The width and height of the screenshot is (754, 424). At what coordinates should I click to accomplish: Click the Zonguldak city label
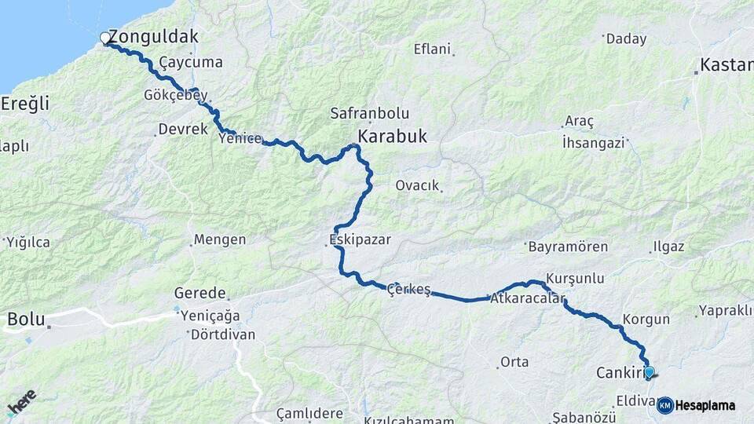pyautogui.click(x=153, y=37)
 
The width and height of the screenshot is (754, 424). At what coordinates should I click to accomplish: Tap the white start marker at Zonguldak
pyautogui.click(x=105, y=38)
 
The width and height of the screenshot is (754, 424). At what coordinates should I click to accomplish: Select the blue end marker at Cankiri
pyautogui.click(x=649, y=372)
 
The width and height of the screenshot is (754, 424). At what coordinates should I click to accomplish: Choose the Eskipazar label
pyautogui.click(x=361, y=239)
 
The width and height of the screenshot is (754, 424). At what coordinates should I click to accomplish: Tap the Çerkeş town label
pyautogui.click(x=409, y=290)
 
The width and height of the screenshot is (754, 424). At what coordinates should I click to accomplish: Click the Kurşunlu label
pyautogui.click(x=574, y=279)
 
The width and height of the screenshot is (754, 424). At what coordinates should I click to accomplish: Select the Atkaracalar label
pyautogui.click(x=527, y=299)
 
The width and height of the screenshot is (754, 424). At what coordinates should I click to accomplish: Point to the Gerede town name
pyautogui.click(x=201, y=293)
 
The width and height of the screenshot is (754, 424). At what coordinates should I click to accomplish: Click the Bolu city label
pyautogui.click(x=23, y=320)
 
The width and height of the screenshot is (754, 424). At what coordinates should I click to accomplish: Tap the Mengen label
pyautogui.click(x=220, y=239)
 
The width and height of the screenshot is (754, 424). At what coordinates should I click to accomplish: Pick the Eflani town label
pyautogui.click(x=432, y=49)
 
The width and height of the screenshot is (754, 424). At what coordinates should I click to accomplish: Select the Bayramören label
pyautogui.click(x=568, y=247)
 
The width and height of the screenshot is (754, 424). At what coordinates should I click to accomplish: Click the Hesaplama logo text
pyautogui.click(x=705, y=405)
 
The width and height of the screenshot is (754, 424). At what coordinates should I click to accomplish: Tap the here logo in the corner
pyautogui.click(x=21, y=403)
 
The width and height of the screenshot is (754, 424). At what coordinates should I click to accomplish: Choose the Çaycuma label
pyautogui.click(x=191, y=62)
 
